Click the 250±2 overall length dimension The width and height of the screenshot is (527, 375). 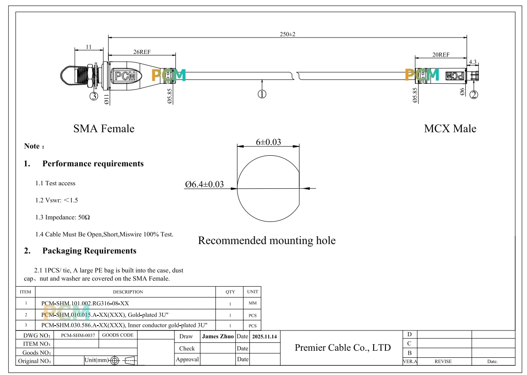click(x=287, y=34)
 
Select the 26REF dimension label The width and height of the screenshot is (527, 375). click(x=142, y=52)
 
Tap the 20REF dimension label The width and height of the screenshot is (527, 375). click(x=441, y=55)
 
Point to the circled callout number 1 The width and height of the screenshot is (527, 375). click(x=262, y=94)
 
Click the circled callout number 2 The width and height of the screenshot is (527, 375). click(x=474, y=95)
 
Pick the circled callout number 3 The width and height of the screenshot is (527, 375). click(x=94, y=96)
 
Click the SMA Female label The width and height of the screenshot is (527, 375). click(x=104, y=128)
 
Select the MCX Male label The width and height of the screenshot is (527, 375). click(x=450, y=128)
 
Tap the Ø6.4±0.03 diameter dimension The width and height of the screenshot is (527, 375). click(x=204, y=184)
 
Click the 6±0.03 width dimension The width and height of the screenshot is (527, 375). click(x=268, y=142)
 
